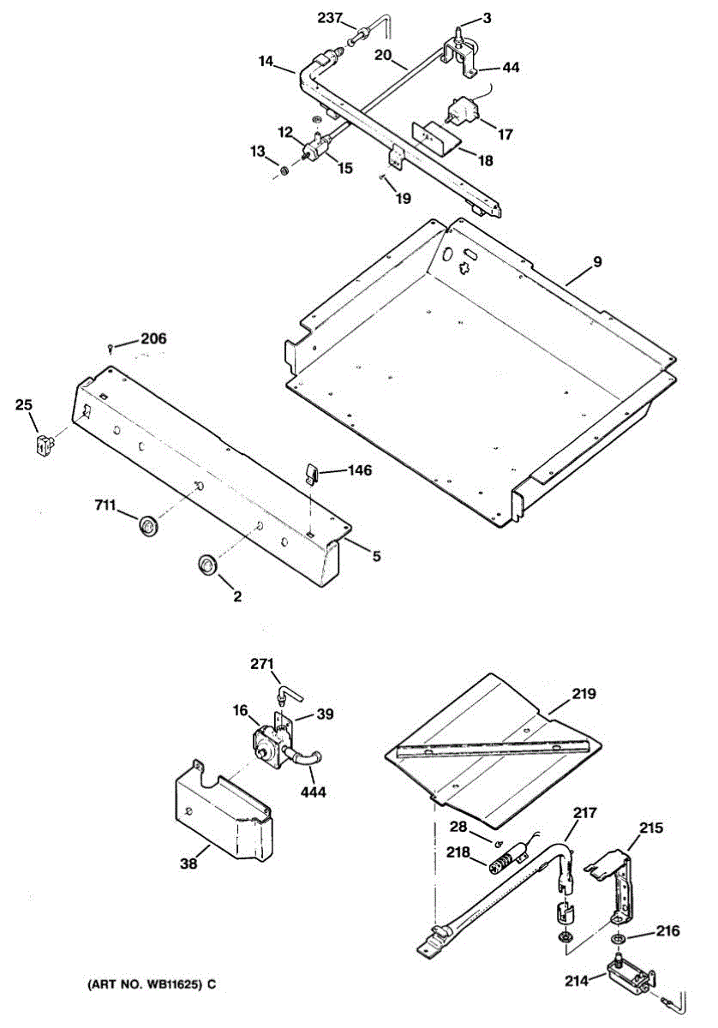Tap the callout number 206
[153, 338]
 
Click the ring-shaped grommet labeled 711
[149, 525]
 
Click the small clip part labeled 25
[42, 445]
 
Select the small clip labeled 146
[314, 471]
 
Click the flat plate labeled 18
[434, 136]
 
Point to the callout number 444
[313, 792]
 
